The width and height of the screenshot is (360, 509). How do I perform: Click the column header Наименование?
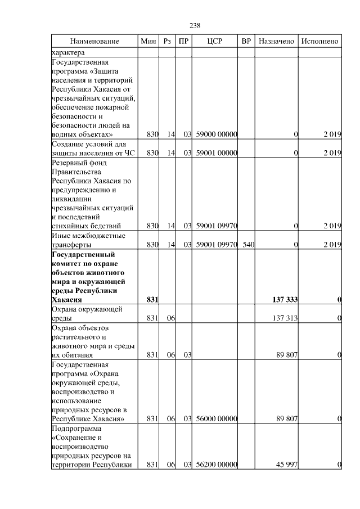(x=94, y=42)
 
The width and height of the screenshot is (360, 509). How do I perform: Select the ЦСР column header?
(x=216, y=42)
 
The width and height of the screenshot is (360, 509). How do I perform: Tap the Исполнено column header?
(x=320, y=42)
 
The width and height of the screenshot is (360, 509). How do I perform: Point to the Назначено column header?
(x=276, y=42)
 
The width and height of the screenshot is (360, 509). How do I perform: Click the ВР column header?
(x=246, y=42)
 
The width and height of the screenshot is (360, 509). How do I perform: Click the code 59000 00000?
(x=217, y=135)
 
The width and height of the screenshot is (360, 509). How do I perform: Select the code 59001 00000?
(x=217, y=153)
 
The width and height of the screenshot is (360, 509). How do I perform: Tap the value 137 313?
(x=285, y=318)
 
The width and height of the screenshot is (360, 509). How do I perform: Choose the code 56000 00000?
(x=217, y=419)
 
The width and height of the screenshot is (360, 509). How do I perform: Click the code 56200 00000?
(x=217, y=465)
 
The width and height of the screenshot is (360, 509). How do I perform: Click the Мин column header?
(x=149, y=42)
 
